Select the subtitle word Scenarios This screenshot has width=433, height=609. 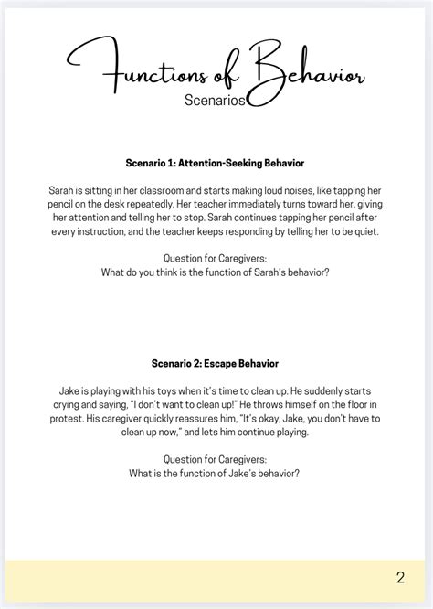click(215, 101)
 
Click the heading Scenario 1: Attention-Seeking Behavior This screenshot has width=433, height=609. click(215, 163)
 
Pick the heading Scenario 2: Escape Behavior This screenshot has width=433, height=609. click(215, 363)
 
